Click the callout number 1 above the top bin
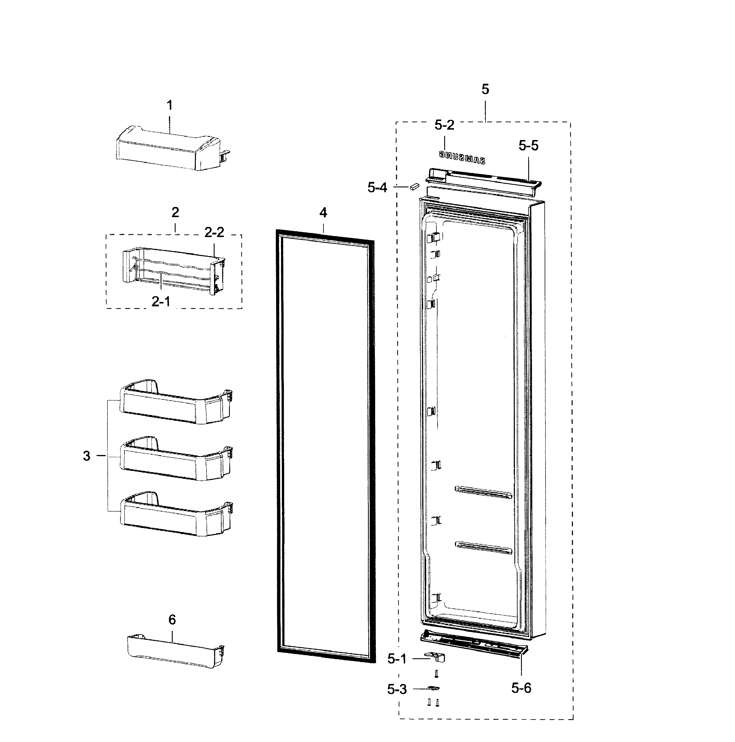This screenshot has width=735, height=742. point(170,105)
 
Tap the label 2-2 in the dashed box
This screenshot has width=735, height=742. point(214,232)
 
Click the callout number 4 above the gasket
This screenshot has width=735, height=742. point(323,213)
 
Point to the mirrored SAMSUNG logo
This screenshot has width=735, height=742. point(462,157)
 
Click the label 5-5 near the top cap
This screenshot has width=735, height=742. point(528,146)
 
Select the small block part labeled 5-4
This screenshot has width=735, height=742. point(414,186)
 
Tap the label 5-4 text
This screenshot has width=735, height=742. point(377,188)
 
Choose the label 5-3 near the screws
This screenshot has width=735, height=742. point(397,689)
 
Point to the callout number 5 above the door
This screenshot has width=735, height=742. point(485,90)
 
